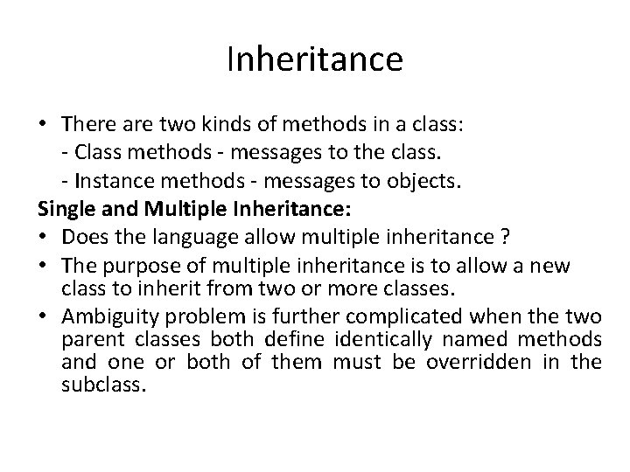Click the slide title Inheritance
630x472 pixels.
315,60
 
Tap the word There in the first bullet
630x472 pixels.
90,126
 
